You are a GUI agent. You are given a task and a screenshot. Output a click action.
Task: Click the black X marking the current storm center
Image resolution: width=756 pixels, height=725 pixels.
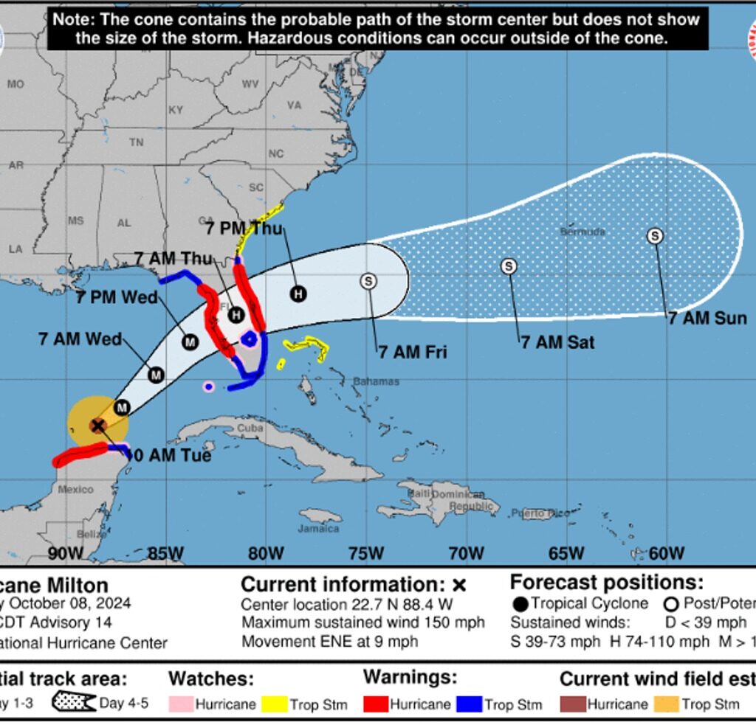pyautogui.click(x=97, y=426)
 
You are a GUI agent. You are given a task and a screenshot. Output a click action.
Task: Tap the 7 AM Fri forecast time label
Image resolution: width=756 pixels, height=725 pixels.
pyautogui.click(x=413, y=352)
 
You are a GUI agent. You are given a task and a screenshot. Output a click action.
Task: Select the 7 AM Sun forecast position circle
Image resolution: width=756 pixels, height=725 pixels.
pyautogui.click(x=655, y=236)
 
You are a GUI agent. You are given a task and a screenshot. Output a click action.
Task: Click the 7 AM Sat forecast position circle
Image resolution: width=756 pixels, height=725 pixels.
pyautogui.click(x=509, y=266)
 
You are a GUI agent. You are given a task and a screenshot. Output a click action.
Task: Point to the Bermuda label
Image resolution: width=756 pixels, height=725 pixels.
pyautogui.click(x=583, y=232)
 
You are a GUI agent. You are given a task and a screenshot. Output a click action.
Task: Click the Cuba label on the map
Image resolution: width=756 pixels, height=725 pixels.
pyautogui.click(x=250, y=428)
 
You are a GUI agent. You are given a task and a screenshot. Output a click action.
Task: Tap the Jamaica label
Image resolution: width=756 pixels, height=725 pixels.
pyautogui.click(x=319, y=529)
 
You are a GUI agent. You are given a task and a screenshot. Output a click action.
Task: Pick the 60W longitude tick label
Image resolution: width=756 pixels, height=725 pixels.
pyautogui.click(x=667, y=553)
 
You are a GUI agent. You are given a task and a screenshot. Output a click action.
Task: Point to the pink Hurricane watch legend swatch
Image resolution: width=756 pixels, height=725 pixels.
pyautogui.click(x=180, y=704)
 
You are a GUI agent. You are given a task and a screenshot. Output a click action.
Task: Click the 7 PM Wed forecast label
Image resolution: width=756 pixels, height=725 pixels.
pyautogui.click(x=117, y=297)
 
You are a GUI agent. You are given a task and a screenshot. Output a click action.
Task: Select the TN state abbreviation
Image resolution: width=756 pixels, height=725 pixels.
pyautogui.click(x=136, y=142)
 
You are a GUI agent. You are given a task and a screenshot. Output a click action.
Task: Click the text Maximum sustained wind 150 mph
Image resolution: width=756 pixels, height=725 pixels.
pyautogui.click(x=363, y=622)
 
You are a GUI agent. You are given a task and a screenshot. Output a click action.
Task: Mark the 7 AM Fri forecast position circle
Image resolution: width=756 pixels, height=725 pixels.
pyautogui.click(x=368, y=281)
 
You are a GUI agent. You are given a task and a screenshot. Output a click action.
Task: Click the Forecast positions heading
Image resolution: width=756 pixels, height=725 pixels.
pyautogui.click(x=607, y=583)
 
